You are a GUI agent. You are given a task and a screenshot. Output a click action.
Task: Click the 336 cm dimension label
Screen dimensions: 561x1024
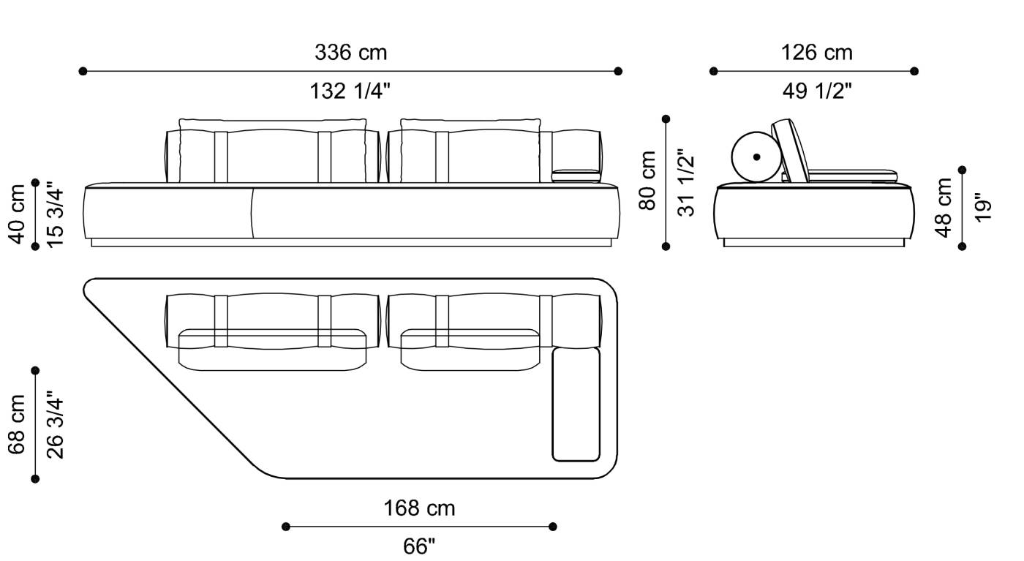[x=350, y=53]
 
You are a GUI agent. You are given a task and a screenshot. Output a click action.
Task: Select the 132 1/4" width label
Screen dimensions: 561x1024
[x=350, y=91]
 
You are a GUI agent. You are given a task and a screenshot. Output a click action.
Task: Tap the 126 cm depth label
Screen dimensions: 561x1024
[x=816, y=53]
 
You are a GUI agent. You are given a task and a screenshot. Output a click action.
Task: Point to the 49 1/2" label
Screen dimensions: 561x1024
[x=816, y=91]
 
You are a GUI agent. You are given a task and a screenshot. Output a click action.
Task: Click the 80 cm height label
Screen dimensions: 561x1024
[x=648, y=181]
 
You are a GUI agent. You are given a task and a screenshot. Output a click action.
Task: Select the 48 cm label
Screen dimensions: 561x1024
[x=944, y=207]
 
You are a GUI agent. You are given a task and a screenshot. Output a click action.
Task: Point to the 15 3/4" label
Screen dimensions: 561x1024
[x=56, y=214]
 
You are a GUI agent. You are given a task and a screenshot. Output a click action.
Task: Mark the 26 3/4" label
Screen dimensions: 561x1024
[x=56, y=424]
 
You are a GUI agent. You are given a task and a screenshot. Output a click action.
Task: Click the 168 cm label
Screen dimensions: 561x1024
[x=419, y=508]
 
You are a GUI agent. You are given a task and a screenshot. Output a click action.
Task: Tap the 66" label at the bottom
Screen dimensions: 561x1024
[x=419, y=546]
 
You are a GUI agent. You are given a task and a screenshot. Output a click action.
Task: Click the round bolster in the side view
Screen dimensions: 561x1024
[x=756, y=157]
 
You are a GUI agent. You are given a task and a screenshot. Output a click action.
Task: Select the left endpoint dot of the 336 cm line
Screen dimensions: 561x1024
[x=83, y=71]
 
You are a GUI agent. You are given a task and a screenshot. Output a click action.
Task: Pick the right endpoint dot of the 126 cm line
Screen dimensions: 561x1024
[x=914, y=71]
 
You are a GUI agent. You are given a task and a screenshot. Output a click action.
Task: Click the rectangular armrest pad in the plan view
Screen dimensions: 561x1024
[x=576, y=404]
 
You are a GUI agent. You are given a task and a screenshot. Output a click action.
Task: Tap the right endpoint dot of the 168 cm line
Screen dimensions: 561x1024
[x=553, y=527]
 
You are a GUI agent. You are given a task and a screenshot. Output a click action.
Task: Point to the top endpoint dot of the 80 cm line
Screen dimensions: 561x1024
[x=666, y=118]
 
